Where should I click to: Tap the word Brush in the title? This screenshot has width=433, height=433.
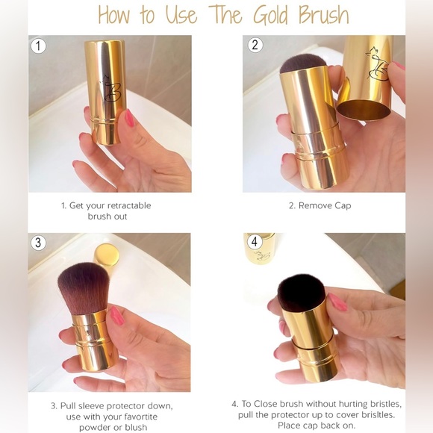324,15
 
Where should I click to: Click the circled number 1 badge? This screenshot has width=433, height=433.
38,46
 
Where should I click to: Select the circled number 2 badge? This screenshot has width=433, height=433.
255,45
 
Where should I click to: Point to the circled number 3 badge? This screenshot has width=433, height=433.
38,243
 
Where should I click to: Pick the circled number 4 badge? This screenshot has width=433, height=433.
255,242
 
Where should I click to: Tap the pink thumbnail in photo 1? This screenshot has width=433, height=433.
129,118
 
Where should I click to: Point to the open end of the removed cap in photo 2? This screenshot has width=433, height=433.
364,110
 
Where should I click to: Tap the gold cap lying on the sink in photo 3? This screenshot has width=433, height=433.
108,255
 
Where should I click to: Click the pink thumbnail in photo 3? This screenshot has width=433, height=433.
117,317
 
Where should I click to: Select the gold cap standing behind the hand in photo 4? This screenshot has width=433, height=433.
259,249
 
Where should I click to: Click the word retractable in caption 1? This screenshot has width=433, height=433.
129,205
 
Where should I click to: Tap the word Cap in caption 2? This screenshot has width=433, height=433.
343,206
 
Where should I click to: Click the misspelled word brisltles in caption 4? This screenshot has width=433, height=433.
377,415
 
